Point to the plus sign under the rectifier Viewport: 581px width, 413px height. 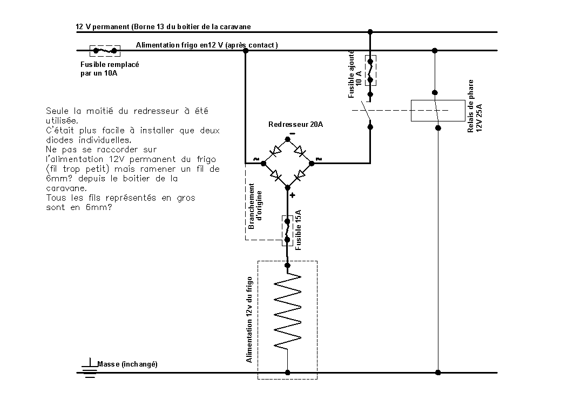pos(293,195)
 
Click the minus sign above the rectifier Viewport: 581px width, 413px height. pos(292,133)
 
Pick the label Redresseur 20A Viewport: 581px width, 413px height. pos(295,124)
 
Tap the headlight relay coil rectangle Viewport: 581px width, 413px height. pos(437,111)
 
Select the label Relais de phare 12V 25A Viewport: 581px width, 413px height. pos(474,107)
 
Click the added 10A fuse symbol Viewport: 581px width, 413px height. pos(370,70)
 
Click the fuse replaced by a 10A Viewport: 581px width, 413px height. pos(105,51)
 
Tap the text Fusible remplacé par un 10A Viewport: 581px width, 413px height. pos(110,69)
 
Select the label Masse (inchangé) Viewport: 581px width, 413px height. pos(127,364)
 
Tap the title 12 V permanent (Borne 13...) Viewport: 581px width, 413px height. pos(163,26)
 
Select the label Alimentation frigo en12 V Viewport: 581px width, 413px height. pos(207,45)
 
